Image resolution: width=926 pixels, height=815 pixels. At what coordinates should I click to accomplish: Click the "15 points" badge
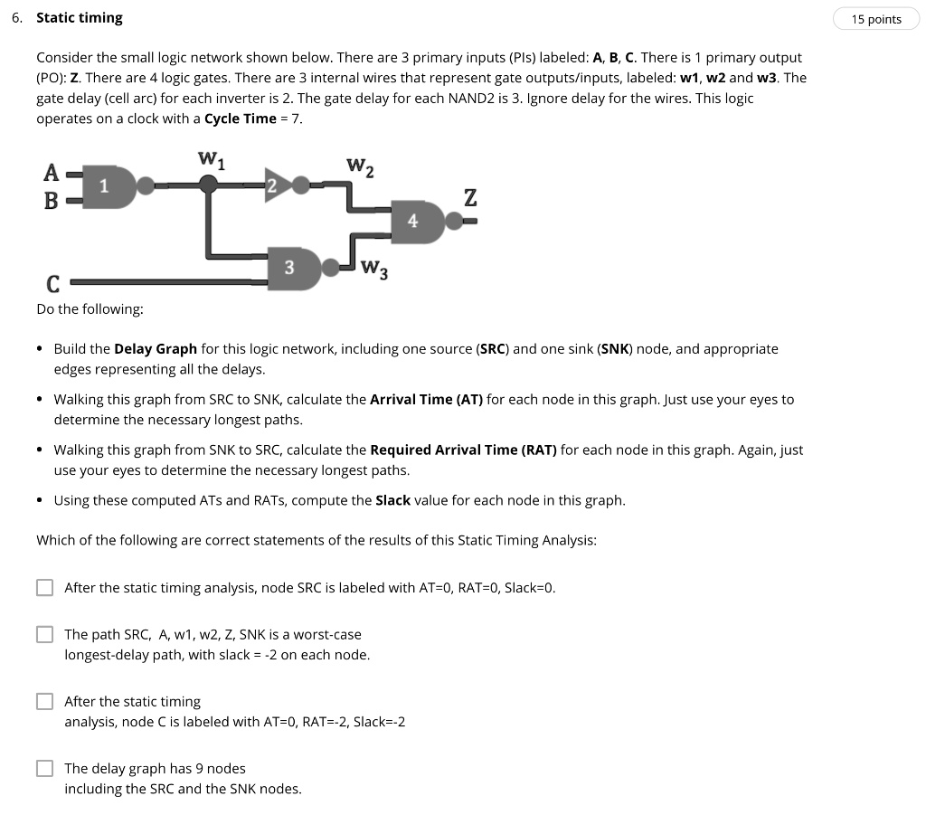tap(876, 19)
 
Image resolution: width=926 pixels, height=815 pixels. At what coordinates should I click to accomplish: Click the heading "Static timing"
tap(79, 18)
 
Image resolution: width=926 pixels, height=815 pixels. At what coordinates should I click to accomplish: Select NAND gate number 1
tap(109, 186)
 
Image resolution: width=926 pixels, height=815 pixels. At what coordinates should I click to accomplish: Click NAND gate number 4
tap(417, 221)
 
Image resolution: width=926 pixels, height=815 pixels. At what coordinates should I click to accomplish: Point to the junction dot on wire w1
tap(209, 185)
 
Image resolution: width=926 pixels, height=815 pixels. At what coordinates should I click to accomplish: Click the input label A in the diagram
tap(52, 172)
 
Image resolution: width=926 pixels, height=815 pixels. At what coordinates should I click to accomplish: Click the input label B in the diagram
tap(52, 200)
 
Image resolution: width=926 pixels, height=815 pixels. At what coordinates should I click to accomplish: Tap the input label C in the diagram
tap(52, 284)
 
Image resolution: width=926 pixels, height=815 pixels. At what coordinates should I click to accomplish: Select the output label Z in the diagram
tap(469, 197)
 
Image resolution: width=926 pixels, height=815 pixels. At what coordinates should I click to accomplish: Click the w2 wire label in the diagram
tap(360, 166)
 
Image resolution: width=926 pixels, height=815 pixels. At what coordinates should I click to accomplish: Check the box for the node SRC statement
tap(45, 588)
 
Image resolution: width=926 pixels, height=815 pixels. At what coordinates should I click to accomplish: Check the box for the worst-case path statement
tap(45, 634)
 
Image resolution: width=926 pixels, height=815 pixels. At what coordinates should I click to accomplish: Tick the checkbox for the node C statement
tap(45, 701)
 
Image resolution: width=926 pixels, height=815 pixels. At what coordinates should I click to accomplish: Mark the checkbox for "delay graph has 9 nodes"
tap(45, 768)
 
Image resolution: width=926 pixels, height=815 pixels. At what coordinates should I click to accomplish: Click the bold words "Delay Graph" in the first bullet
tap(155, 348)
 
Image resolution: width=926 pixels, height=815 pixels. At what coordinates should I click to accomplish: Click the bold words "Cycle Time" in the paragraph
tap(240, 118)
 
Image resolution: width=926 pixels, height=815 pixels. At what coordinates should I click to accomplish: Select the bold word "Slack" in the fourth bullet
tap(392, 500)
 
